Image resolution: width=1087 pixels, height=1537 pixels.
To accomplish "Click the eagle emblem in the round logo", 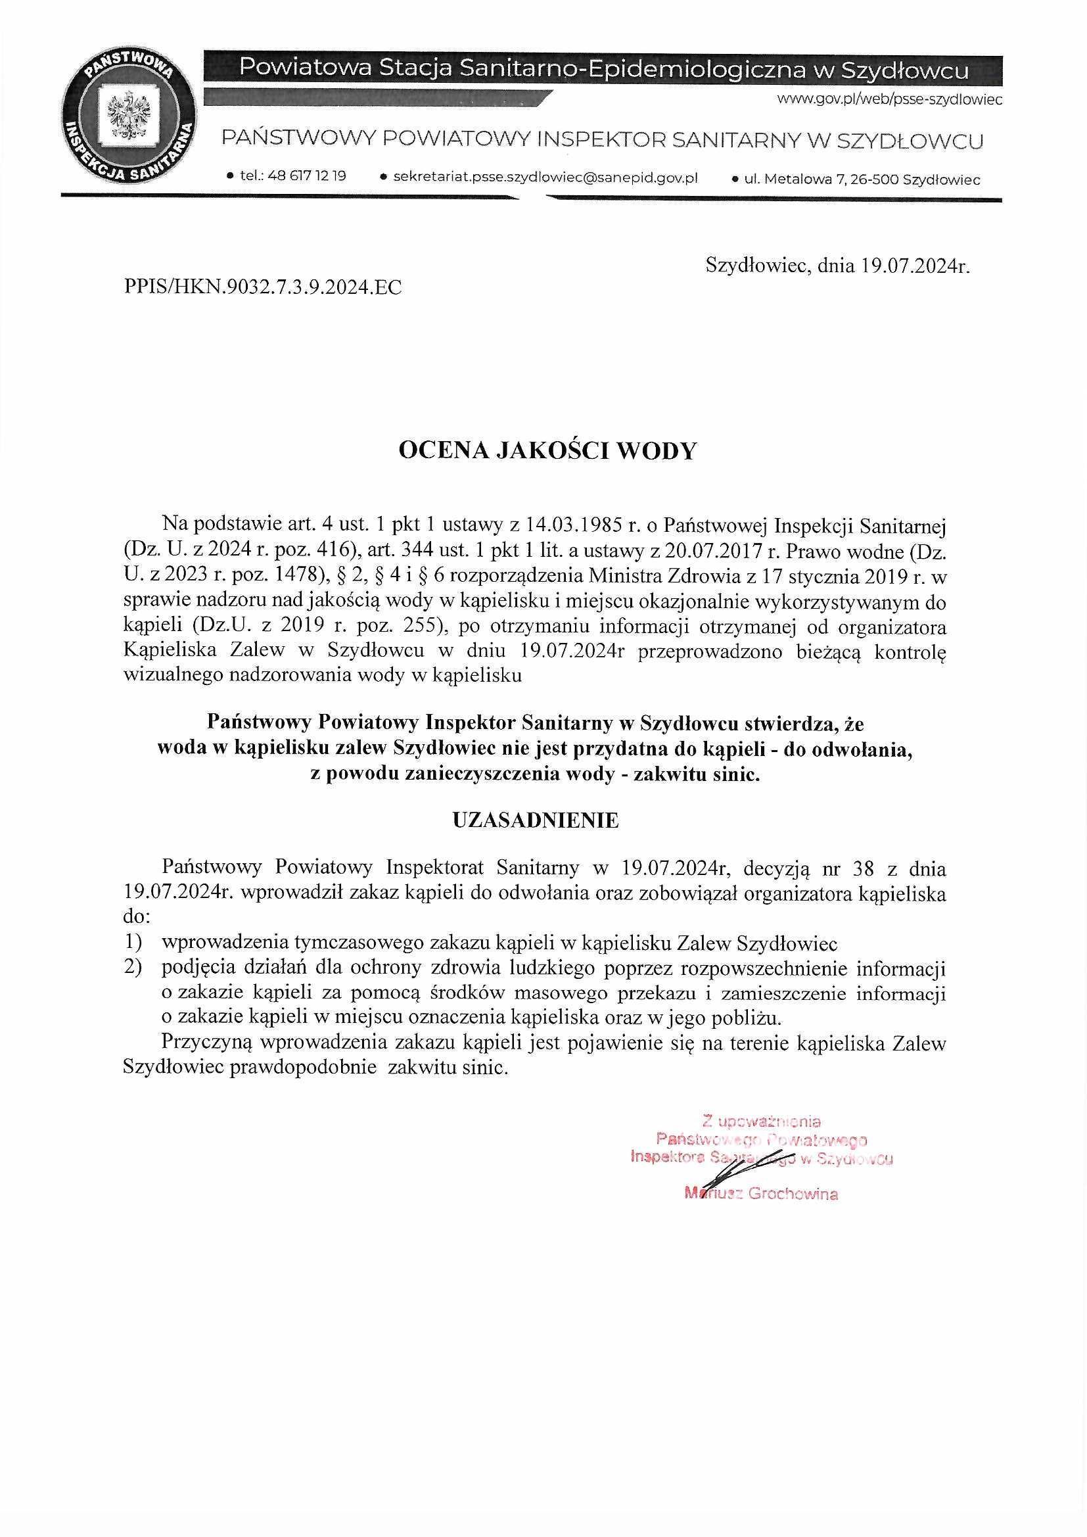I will (x=127, y=116).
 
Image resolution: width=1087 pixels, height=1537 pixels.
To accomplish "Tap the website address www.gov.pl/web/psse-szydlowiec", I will (x=889, y=100).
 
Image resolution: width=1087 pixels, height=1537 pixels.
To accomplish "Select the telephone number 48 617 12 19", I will (x=306, y=177).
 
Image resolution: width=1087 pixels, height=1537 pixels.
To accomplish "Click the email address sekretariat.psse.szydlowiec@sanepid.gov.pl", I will (x=545, y=177).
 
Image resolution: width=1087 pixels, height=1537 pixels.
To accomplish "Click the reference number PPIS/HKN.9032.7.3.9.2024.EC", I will (x=262, y=288).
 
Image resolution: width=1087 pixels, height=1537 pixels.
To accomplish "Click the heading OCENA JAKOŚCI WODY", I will (x=547, y=451).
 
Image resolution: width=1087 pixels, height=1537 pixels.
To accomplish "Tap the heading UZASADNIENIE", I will (x=536, y=820).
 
